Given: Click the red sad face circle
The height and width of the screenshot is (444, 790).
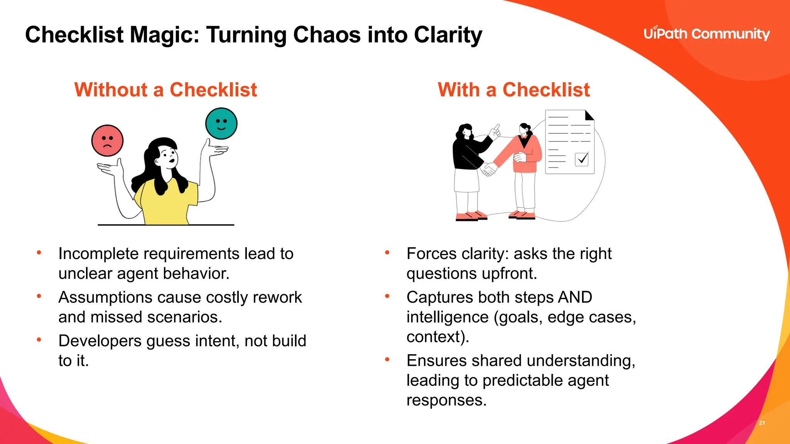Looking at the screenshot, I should (x=107, y=141).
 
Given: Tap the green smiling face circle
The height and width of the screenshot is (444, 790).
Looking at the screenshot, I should (x=221, y=123).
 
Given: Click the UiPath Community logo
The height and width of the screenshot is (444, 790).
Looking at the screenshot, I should (x=706, y=34).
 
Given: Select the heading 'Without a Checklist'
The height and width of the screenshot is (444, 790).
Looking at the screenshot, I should (x=165, y=90).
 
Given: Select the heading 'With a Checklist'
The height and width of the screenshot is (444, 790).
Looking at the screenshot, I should (x=513, y=90).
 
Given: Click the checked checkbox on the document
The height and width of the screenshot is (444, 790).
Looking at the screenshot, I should (x=582, y=159).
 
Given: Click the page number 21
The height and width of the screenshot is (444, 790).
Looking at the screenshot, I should (x=762, y=423).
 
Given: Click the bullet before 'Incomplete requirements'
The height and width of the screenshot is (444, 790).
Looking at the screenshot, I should (x=39, y=253).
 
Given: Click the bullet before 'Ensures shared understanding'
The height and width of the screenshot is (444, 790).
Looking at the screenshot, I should (x=387, y=360).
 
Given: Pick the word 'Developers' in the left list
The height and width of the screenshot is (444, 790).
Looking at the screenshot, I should (x=100, y=341).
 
